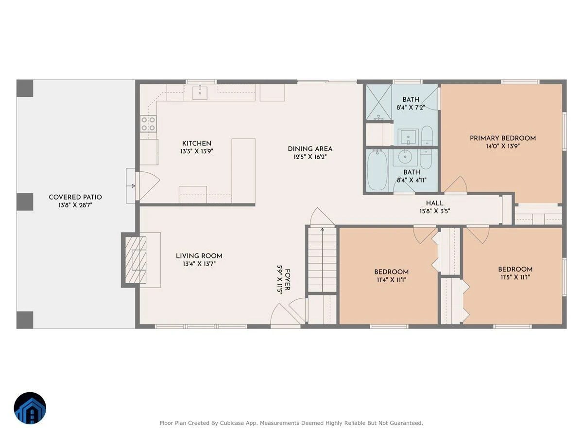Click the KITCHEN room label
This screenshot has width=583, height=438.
tap(197, 144)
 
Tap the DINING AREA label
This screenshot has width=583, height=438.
tap(310, 148)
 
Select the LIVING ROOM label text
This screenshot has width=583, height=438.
tap(199, 256)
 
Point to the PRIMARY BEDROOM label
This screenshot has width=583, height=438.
tap(502, 138)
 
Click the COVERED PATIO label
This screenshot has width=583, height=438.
tap(75, 197)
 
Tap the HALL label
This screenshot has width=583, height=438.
tap(434, 203)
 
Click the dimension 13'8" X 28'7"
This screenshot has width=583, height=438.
tap(75, 205)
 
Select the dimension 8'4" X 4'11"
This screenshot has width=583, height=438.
tap(412, 180)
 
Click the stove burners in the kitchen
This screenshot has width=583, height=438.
tap(148, 124)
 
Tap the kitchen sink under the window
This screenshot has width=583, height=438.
tap(200, 92)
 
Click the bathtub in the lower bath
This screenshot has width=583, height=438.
tap(377, 170)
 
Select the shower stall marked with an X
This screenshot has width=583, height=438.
tap(378, 102)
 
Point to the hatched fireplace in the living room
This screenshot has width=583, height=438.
tap(136, 260)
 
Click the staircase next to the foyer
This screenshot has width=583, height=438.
tap(322, 259)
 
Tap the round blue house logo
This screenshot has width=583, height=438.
tap(30, 408)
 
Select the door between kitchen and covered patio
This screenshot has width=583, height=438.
tap(148, 186)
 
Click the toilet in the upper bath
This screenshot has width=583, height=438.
tap(427, 136)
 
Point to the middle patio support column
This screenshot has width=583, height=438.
tap(25, 202)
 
